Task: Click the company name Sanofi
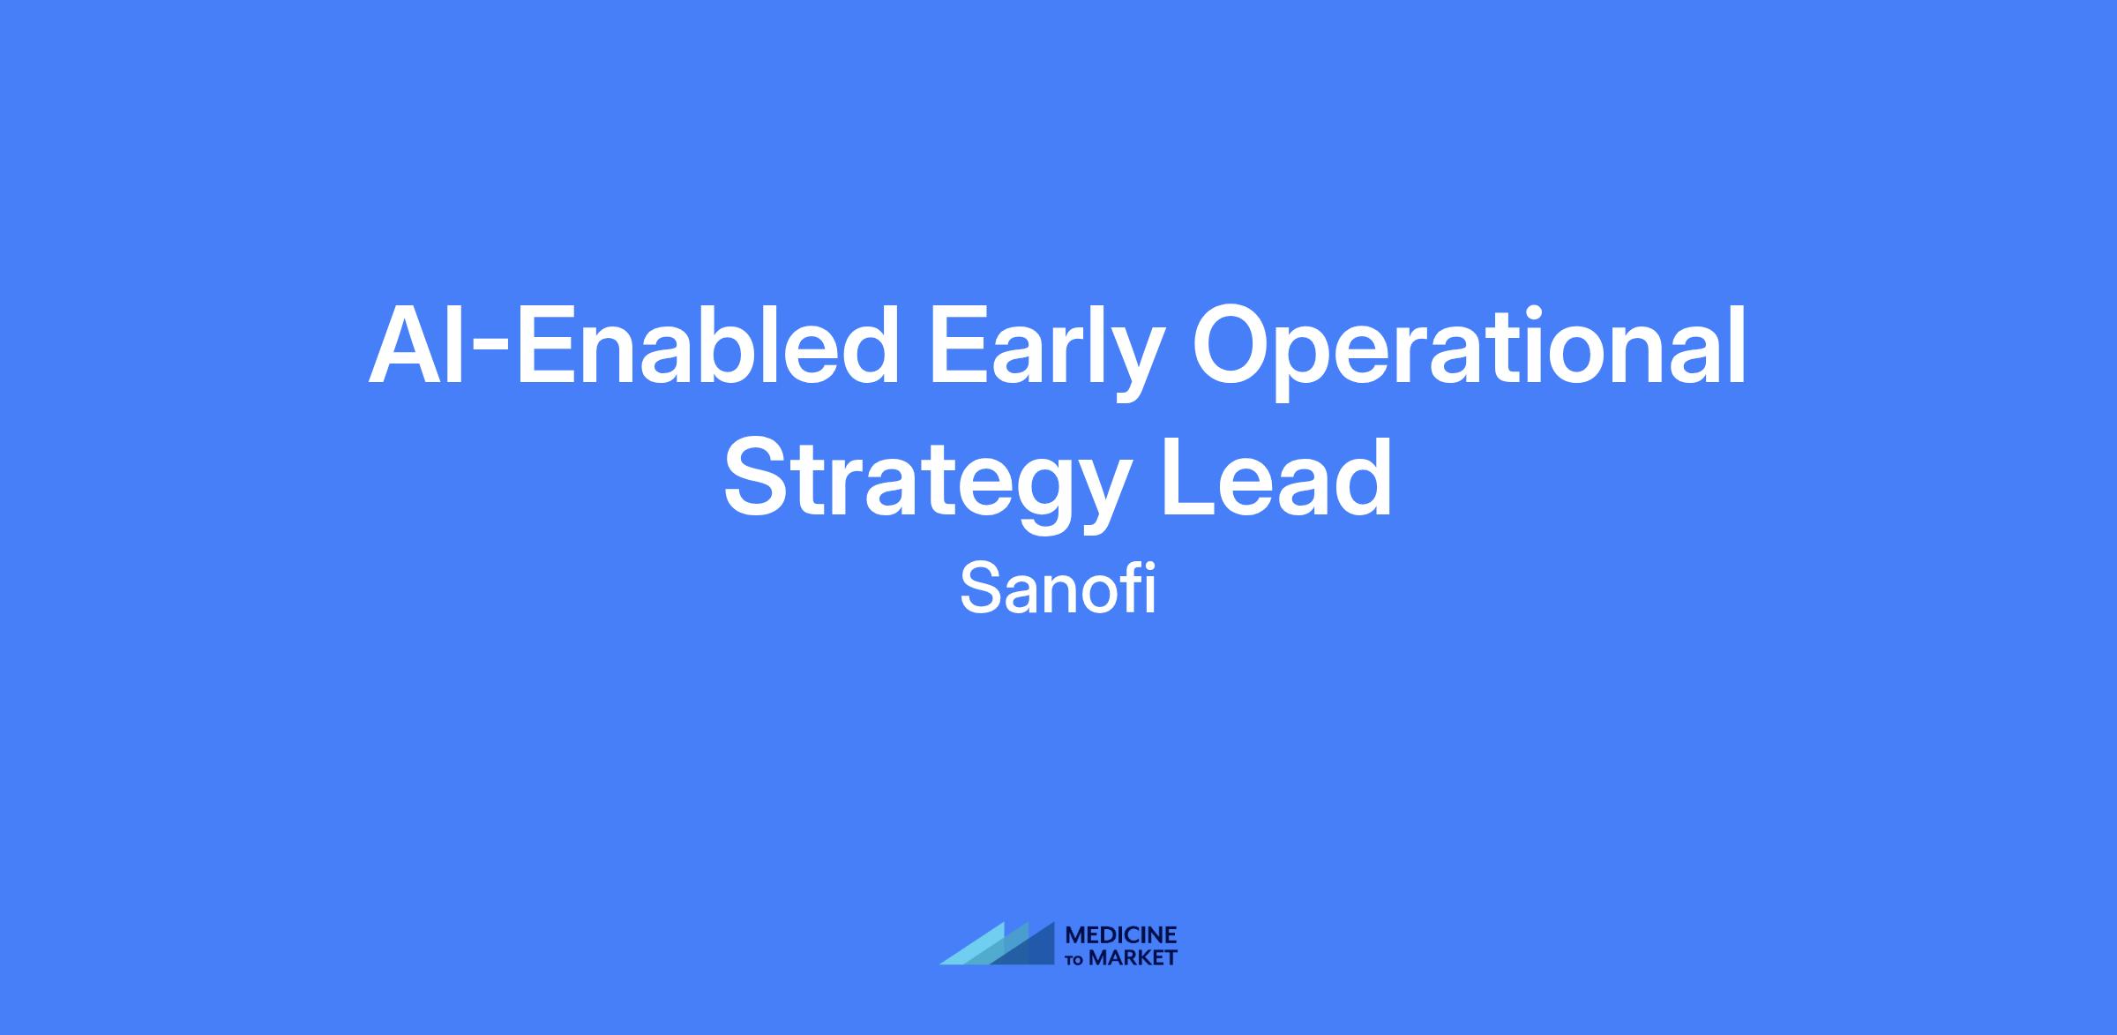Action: pos(1058,590)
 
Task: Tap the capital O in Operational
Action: pos(1232,346)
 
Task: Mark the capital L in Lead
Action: pos(1192,477)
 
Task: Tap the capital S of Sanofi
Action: pos(979,589)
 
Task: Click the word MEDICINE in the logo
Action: pos(1121,936)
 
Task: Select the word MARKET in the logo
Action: pos(1133,958)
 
